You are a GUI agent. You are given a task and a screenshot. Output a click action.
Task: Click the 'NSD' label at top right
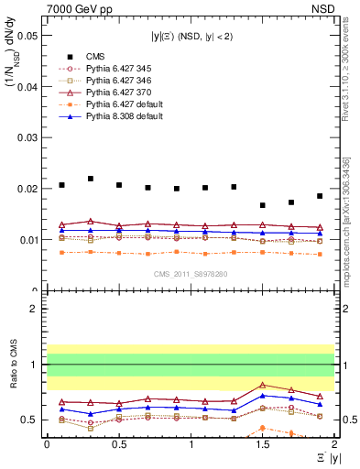[323, 7]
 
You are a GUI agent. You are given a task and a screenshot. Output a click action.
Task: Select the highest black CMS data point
[90, 179]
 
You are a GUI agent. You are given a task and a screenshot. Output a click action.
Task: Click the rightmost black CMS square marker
[320, 196]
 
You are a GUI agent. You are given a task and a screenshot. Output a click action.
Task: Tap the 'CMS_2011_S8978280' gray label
[191, 273]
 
